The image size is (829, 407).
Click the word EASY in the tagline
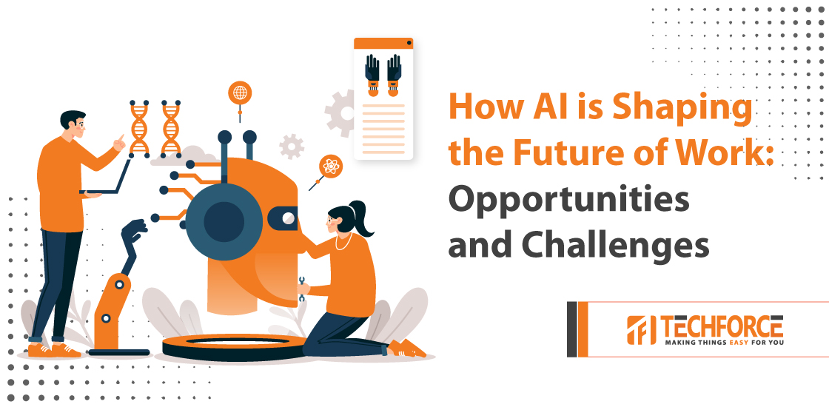[736, 343]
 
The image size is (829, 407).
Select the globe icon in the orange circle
[240, 92]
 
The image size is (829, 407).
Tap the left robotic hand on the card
[372, 75]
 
